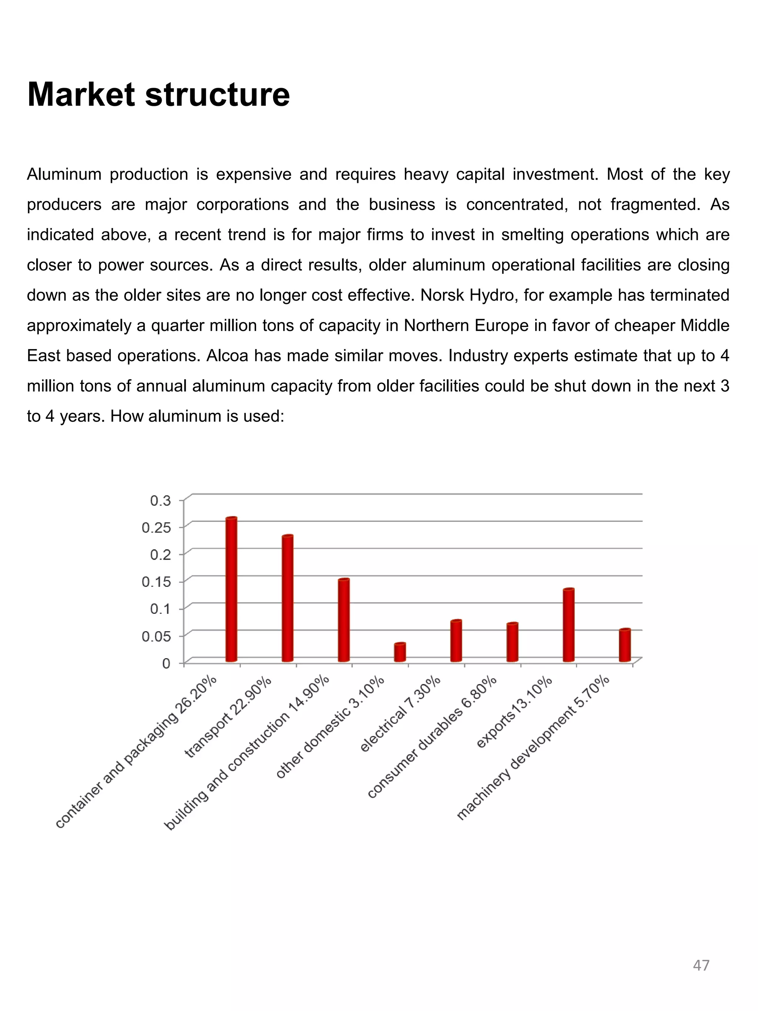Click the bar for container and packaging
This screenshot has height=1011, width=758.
(x=231, y=590)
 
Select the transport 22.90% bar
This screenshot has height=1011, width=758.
(x=287, y=598)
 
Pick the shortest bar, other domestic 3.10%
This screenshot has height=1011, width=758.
(x=400, y=652)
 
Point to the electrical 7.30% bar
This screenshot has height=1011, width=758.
(x=456, y=641)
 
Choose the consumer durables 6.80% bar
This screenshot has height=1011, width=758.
(x=512, y=642)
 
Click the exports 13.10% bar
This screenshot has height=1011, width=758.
(x=568, y=625)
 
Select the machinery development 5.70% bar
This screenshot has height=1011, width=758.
(x=625, y=645)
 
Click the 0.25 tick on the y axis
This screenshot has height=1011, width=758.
(x=156, y=528)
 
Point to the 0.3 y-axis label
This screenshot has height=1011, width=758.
(x=160, y=501)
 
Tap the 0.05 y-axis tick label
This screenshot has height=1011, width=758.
(x=156, y=636)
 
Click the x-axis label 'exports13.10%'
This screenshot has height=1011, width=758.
(x=514, y=713)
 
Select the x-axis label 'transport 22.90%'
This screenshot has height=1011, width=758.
(x=228, y=717)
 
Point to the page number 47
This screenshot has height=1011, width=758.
(x=701, y=965)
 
